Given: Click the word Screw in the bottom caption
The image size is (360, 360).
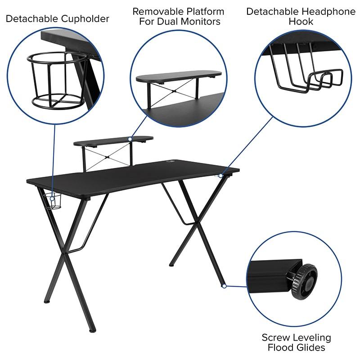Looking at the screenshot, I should [274, 337].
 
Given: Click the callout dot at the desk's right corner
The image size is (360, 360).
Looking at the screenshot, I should [220, 175].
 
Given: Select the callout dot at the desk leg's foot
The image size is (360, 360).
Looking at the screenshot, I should [224, 285].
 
